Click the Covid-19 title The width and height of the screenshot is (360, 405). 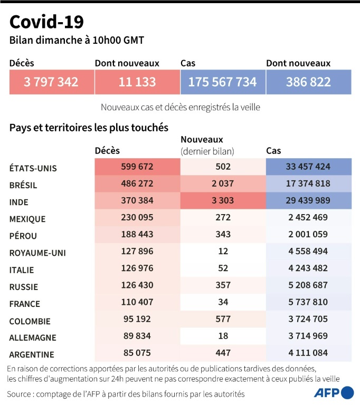point(46,22)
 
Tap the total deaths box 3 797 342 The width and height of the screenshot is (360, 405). point(51,82)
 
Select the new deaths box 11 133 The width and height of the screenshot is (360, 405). point(137,82)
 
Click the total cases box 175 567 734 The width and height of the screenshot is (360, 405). point(222,82)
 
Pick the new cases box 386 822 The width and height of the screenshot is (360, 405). point(308,82)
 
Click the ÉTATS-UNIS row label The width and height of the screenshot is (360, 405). point(33,168)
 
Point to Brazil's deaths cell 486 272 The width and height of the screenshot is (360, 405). point(137,185)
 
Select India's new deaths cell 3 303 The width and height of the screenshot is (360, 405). point(222,202)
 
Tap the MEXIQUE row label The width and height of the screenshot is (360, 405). point(27,219)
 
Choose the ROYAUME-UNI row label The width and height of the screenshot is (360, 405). point(36,253)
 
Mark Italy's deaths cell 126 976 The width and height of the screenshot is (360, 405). point(137,269)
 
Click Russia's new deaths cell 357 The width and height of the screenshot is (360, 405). point(222,285)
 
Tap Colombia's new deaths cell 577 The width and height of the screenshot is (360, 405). point(222,319)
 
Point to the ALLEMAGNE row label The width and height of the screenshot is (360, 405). point(32,337)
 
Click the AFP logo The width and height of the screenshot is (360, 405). point(334,392)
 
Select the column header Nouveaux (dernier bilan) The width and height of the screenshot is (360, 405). point(207,145)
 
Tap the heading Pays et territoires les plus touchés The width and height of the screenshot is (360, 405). point(89,128)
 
